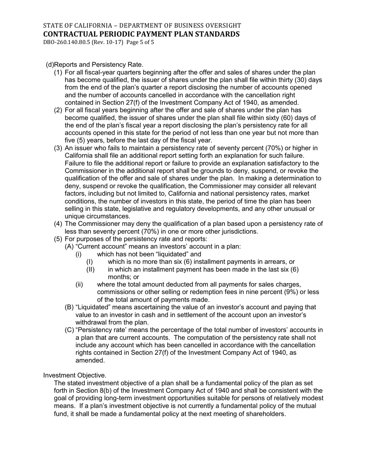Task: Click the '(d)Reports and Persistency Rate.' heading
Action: click(x=95, y=65)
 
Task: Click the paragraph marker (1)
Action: click(x=58, y=73)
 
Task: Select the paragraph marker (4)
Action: click(x=58, y=224)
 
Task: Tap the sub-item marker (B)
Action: click(x=69, y=307)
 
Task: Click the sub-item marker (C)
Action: click(x=69, y=330)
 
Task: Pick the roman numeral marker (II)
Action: click(x=90, y=270)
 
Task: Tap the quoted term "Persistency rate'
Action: click(x=101, y=330)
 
